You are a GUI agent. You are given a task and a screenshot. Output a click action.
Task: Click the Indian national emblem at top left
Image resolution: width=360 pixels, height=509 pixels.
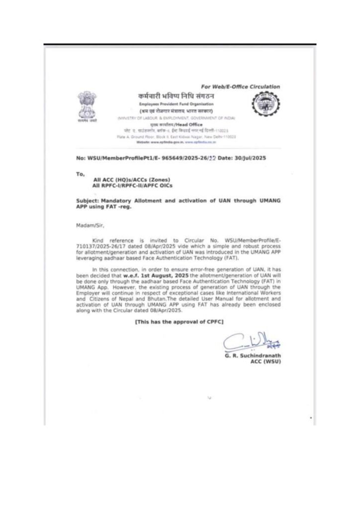(88, 105)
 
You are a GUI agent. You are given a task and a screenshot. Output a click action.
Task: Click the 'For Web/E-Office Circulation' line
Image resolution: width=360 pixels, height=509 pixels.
(240, 86)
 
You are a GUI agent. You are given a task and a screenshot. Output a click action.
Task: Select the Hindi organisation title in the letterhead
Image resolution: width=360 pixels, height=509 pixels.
(176, 95)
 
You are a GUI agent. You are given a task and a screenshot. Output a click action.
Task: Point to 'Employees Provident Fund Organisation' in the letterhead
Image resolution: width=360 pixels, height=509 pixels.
(176, 104)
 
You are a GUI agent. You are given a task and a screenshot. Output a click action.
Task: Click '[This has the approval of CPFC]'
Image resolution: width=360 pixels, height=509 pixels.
(180, 322)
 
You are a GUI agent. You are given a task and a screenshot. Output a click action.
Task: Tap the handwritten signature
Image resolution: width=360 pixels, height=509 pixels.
(251, 342)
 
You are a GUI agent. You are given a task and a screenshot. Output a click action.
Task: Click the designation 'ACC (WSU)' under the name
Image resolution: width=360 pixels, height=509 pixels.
(266, 362)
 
